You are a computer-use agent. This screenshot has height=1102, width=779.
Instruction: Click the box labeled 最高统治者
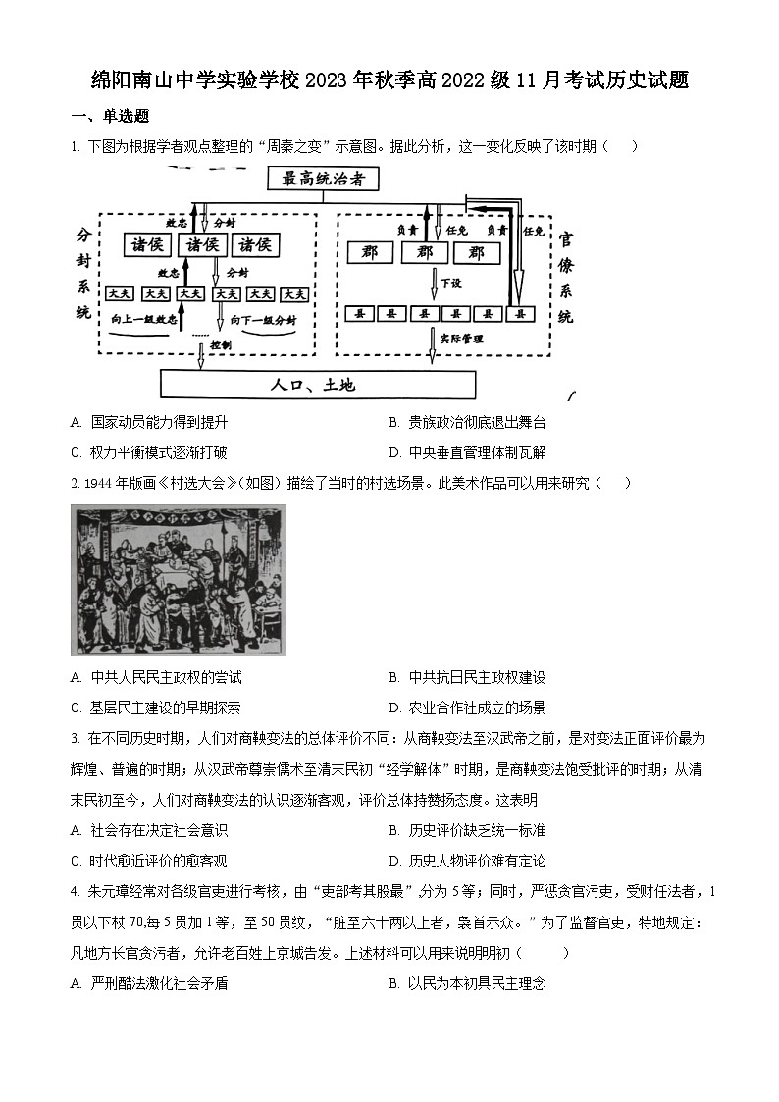pyautogui.click(x=322, y=179)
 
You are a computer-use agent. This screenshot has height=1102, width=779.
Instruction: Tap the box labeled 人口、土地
pyautogui.click(x=318, y=384)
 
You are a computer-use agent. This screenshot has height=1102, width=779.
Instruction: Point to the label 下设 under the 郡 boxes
pyautogui.click(x=450, y=283)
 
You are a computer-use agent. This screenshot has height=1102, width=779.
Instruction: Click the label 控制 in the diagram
pyautogui.click(x=221, y=345)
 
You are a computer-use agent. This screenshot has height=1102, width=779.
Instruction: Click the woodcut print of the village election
pyautogui.click(x=178, y=580)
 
